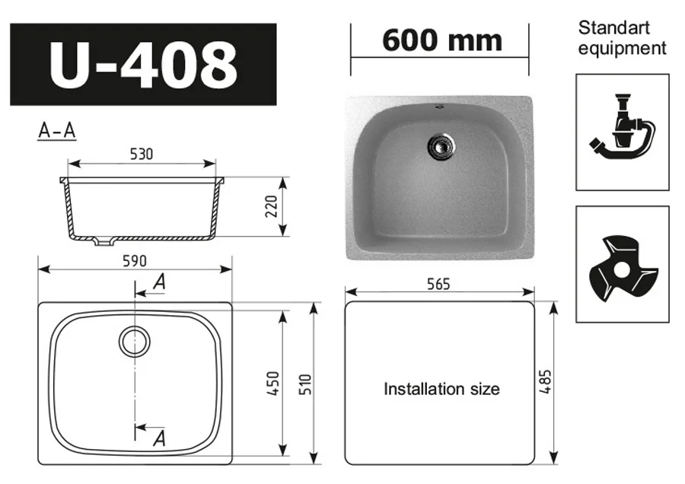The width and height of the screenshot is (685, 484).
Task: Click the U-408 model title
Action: [143, 65]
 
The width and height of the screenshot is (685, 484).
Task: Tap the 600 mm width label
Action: [441, 40]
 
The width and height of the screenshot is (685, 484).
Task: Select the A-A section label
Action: [57, 131]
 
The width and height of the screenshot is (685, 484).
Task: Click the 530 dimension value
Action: [141, 154]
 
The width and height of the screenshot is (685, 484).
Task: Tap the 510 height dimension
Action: [305, 383]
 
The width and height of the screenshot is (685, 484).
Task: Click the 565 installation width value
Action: [439, 284]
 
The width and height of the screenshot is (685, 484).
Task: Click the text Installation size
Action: [441, 389]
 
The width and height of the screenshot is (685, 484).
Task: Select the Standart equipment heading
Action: [622, 38]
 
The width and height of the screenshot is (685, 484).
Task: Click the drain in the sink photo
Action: [441, 145]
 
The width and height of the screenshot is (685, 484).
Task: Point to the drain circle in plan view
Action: [135, 341]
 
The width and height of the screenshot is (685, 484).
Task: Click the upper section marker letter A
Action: [159, 282]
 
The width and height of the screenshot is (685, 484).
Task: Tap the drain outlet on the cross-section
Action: [102, 243]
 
